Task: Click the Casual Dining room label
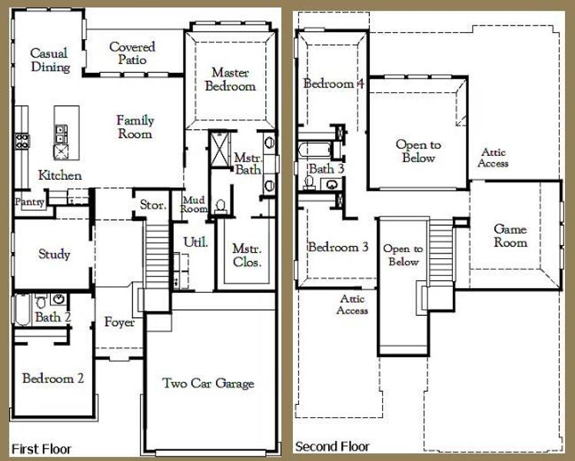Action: tap(49, 60)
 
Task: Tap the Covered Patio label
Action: tap(131, 54)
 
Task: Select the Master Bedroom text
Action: tap(230, 79)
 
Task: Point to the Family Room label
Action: tap(135, 127)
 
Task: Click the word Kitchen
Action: tap(60, 175)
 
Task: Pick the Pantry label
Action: tap(29, 202)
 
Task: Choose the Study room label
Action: tap(54, 254)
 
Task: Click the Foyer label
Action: tap(119, 322)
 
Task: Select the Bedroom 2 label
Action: tap(53, 378)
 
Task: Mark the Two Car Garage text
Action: tap(208, 383)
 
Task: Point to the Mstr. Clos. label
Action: tap(247, 256)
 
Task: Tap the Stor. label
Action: tap(149, 204)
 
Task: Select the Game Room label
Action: tap(510, 236)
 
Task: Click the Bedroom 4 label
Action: tap(333, 84)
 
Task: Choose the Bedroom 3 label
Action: tap(337, 247)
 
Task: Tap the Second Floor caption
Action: tap(332, 446)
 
